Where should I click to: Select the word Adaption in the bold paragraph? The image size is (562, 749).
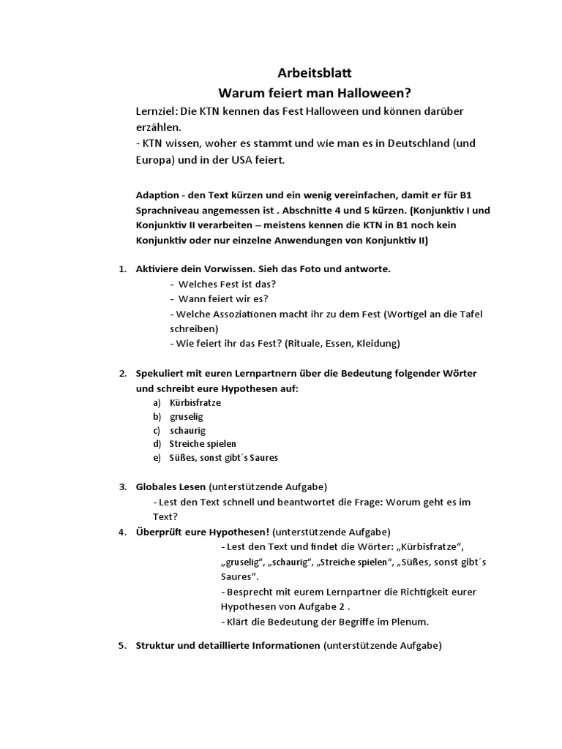tap(157, 195)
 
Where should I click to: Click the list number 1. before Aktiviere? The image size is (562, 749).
tap(123, 269)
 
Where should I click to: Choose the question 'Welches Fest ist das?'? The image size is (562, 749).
tap(228, 284)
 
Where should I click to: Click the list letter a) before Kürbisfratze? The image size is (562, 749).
tap(157, 403)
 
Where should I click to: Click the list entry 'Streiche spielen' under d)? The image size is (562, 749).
tap(203, 444)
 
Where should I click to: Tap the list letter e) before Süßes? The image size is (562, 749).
tap(157, 458)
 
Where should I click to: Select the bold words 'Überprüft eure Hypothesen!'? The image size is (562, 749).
tap(203, 532)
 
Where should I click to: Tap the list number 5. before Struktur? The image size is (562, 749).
tap(123, 646)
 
